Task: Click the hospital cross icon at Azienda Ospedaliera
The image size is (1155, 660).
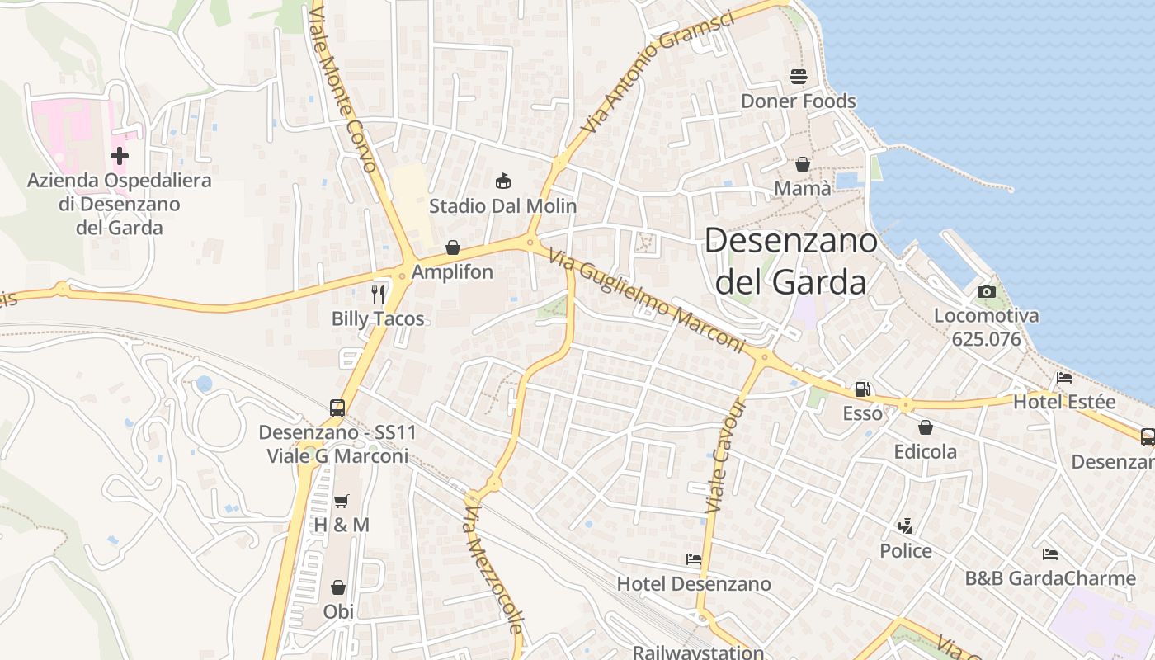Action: click(x=120, y=155)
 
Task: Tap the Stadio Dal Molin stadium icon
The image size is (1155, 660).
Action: click(x=502, y=181)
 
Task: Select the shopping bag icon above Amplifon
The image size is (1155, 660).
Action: click(x=452, y=247)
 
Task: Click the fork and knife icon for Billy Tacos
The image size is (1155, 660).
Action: click(x=378, y=295)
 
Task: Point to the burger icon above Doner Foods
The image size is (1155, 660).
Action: click(x=798, y=77)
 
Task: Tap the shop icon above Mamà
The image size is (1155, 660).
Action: click(x=802, y=164)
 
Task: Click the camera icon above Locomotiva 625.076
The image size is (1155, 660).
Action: click(x=986, y=291)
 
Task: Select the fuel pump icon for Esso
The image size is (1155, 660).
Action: click(x=862, y=389)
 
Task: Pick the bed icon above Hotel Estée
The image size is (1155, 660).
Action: click(x=1064, y=378)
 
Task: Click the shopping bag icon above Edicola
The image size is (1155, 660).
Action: click(x=926, y=427)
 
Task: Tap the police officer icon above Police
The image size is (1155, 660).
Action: click(x=905, y=526)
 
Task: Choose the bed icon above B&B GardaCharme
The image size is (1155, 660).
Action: click(x=1049, y=554)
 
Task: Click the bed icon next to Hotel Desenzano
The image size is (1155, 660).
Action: click(x=694, y=559)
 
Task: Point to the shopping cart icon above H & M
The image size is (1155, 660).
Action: click(x=341, y=501)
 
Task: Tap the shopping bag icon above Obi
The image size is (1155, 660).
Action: click(x=338, y=587)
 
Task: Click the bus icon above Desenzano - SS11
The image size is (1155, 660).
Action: click(x=337, y=408)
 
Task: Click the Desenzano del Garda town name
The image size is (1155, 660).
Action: click(x=790, y=261)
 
